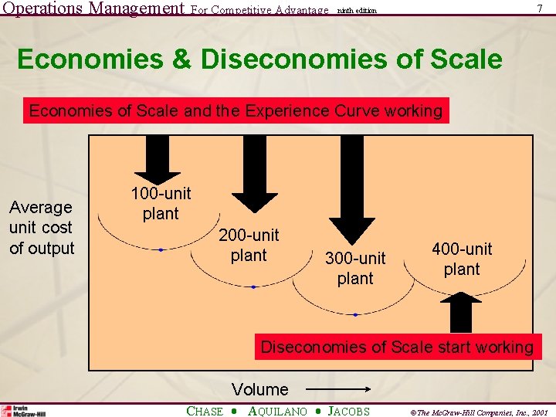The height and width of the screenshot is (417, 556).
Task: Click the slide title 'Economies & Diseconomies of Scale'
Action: tap(259, 59)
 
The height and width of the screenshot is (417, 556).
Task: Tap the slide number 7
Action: tap(539, 8)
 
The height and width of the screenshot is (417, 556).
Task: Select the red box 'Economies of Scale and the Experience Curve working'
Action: tap(236, 111)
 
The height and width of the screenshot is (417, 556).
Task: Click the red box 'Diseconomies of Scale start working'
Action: tap(397, 347)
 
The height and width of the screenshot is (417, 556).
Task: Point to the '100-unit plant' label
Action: tap(161, 203)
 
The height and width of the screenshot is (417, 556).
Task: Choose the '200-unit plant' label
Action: tap(249, 245)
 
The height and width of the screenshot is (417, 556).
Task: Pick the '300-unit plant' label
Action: tap(355, 267)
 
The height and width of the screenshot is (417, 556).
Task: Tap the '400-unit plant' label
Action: tap(462, 259)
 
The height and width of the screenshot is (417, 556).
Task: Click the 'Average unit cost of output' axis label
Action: tap(42, 228)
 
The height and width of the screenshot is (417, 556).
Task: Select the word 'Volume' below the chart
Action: tap(260, 389)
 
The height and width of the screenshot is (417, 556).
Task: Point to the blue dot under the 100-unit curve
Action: tap(161, 250)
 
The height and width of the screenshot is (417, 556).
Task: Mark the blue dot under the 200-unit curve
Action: tap(253, 287)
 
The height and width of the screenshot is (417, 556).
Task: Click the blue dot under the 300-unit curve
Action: tap(355, 315)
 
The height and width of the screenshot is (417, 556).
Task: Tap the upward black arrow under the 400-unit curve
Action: tap(462, 312)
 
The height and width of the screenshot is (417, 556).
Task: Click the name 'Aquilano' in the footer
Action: tap(278, 412)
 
